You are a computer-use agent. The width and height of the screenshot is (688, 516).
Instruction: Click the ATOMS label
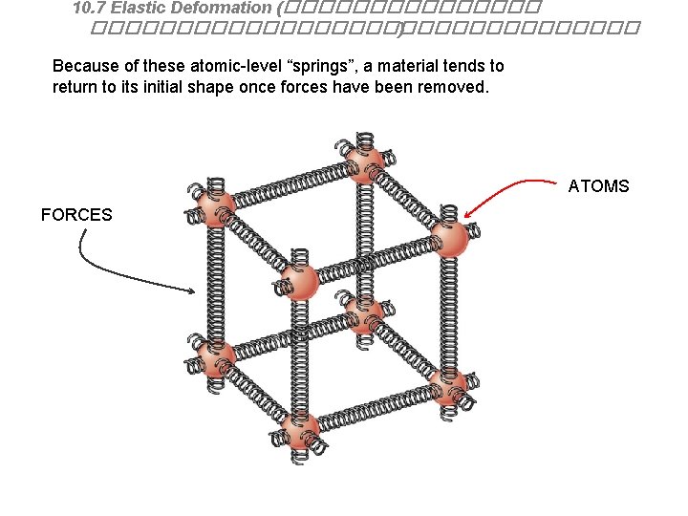pyautogui.click(x=598, y=185)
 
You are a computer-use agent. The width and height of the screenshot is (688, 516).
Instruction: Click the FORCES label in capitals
pyautogui.click(x=76, y=215)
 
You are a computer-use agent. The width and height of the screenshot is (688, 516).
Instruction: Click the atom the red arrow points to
pyautogui.click(x=449, y=238)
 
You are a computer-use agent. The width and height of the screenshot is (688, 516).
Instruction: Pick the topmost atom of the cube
pyautogui.click(x=363, y=161)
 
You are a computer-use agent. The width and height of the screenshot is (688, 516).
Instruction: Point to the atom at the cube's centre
pyautogui.click(x=364, y=312)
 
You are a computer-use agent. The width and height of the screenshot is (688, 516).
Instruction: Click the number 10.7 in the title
pyautogui.click(x=90, y=8)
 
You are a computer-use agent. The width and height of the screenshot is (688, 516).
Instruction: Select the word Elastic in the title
pyautogui.click(x=139, y=8)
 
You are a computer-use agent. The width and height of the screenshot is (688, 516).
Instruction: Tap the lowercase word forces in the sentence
pyautogui.click(x=323, y=87)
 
